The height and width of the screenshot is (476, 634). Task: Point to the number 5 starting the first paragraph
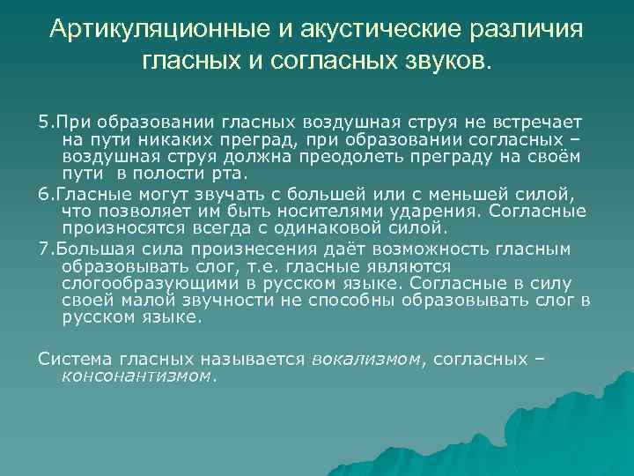(42, 120)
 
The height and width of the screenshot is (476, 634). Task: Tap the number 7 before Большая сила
(42, 249)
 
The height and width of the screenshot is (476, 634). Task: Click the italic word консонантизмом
(137, 375)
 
